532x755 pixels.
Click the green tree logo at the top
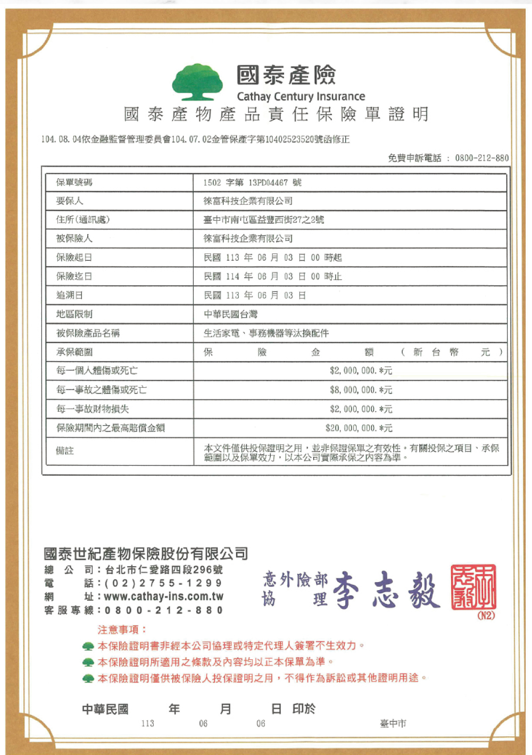197,82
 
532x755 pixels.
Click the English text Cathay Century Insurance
301,96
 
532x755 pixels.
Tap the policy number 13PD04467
268,182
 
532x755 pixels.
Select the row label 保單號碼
74,182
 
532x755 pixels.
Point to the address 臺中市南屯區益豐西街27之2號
263,220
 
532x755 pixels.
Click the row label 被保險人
74,238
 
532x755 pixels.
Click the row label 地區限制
74,314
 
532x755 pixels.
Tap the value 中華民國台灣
230,314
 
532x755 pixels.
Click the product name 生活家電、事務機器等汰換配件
266,333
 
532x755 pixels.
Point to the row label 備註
65,451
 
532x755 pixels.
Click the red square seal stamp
473,587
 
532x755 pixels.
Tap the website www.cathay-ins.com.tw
163,596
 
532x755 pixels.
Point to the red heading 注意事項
121,629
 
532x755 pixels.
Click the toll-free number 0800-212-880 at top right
481,158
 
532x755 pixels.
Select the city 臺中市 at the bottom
393,724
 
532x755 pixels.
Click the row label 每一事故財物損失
93,409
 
